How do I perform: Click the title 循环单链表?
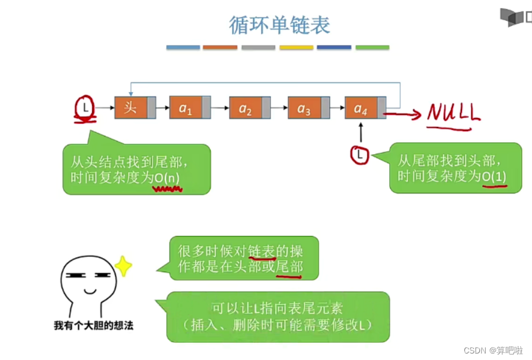[x=279, y=24]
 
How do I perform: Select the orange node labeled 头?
[x=132, y=108]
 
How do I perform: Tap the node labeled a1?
[x=186, y=108]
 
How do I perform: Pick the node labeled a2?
[x=246, y=108]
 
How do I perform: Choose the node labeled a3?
[x=304, y=108]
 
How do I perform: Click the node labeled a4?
[x=361, y=108]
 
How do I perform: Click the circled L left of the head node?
[x=85, y=108]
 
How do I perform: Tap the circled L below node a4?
[x=359, y=155]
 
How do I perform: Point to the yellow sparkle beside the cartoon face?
[x=123, y=266]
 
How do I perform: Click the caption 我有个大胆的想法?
[x=94, y=325]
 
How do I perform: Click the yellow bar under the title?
[x=296, y=47]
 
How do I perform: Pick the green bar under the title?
[x=372, y=47]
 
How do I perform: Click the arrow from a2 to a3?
[x=279, y=108]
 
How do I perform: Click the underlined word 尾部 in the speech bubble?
[x=289, y=267]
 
